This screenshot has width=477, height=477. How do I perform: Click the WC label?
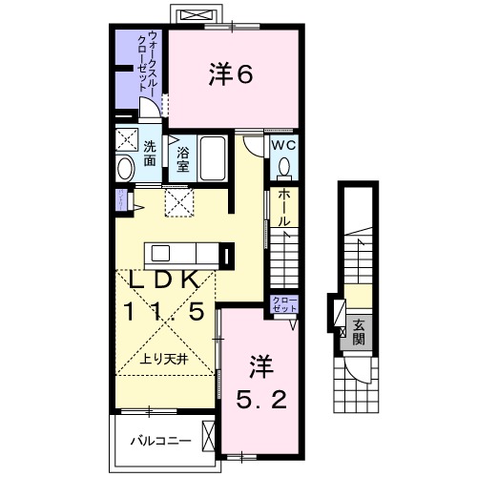pos(283,144)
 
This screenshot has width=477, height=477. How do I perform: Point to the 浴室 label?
pos(181,156)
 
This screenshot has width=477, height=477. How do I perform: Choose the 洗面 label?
pos(151,154)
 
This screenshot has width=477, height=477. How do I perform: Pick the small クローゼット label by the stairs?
pos(284,305)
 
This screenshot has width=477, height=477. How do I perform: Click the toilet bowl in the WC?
pos(283,169)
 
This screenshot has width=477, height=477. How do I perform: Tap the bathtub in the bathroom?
pos(213,158)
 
